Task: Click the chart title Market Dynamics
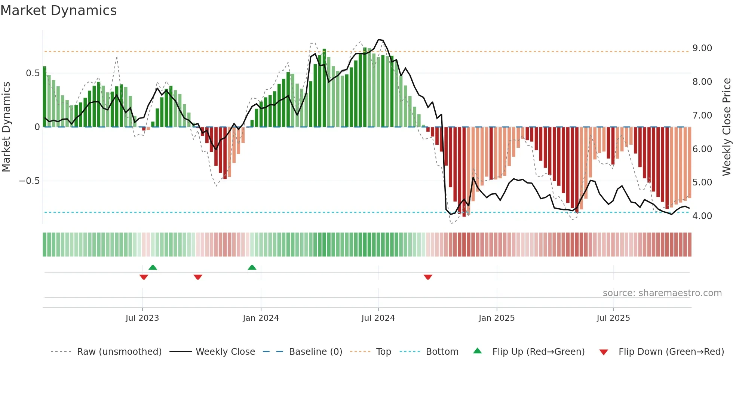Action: pyautogui.click(x=58, y=10)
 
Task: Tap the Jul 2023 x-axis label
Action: pyautogui.click(x=142, y=318)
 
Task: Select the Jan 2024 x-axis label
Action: pyautogui.click(x=261, y=318)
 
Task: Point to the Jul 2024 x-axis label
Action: pyautogui.click(x=378, y=318)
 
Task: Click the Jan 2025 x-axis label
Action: pyautogui.click(x=497, y=318)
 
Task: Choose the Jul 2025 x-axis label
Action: pyautogui.click(x=613, y=318)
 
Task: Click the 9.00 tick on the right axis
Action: pyautogui.click(x=702, y=48)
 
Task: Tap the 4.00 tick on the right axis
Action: pyautogui.click(x=702, y=216)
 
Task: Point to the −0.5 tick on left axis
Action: pyautogui.click(x=29, y=181)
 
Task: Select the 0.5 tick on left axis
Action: pyautogui.click(x=33, y=73)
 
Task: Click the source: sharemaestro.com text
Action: pyautogui.click(x=662, y=293)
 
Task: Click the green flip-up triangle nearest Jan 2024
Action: pyautogui.click(x=252, y=268)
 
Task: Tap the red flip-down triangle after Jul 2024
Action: pyautogui.click(x=428, y=277)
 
